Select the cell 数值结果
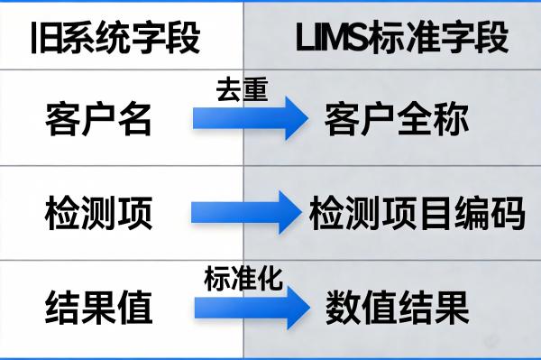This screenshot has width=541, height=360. [397, 309]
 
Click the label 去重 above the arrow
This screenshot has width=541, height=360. [243, 91]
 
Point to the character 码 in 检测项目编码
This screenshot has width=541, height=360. [507, 215]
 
